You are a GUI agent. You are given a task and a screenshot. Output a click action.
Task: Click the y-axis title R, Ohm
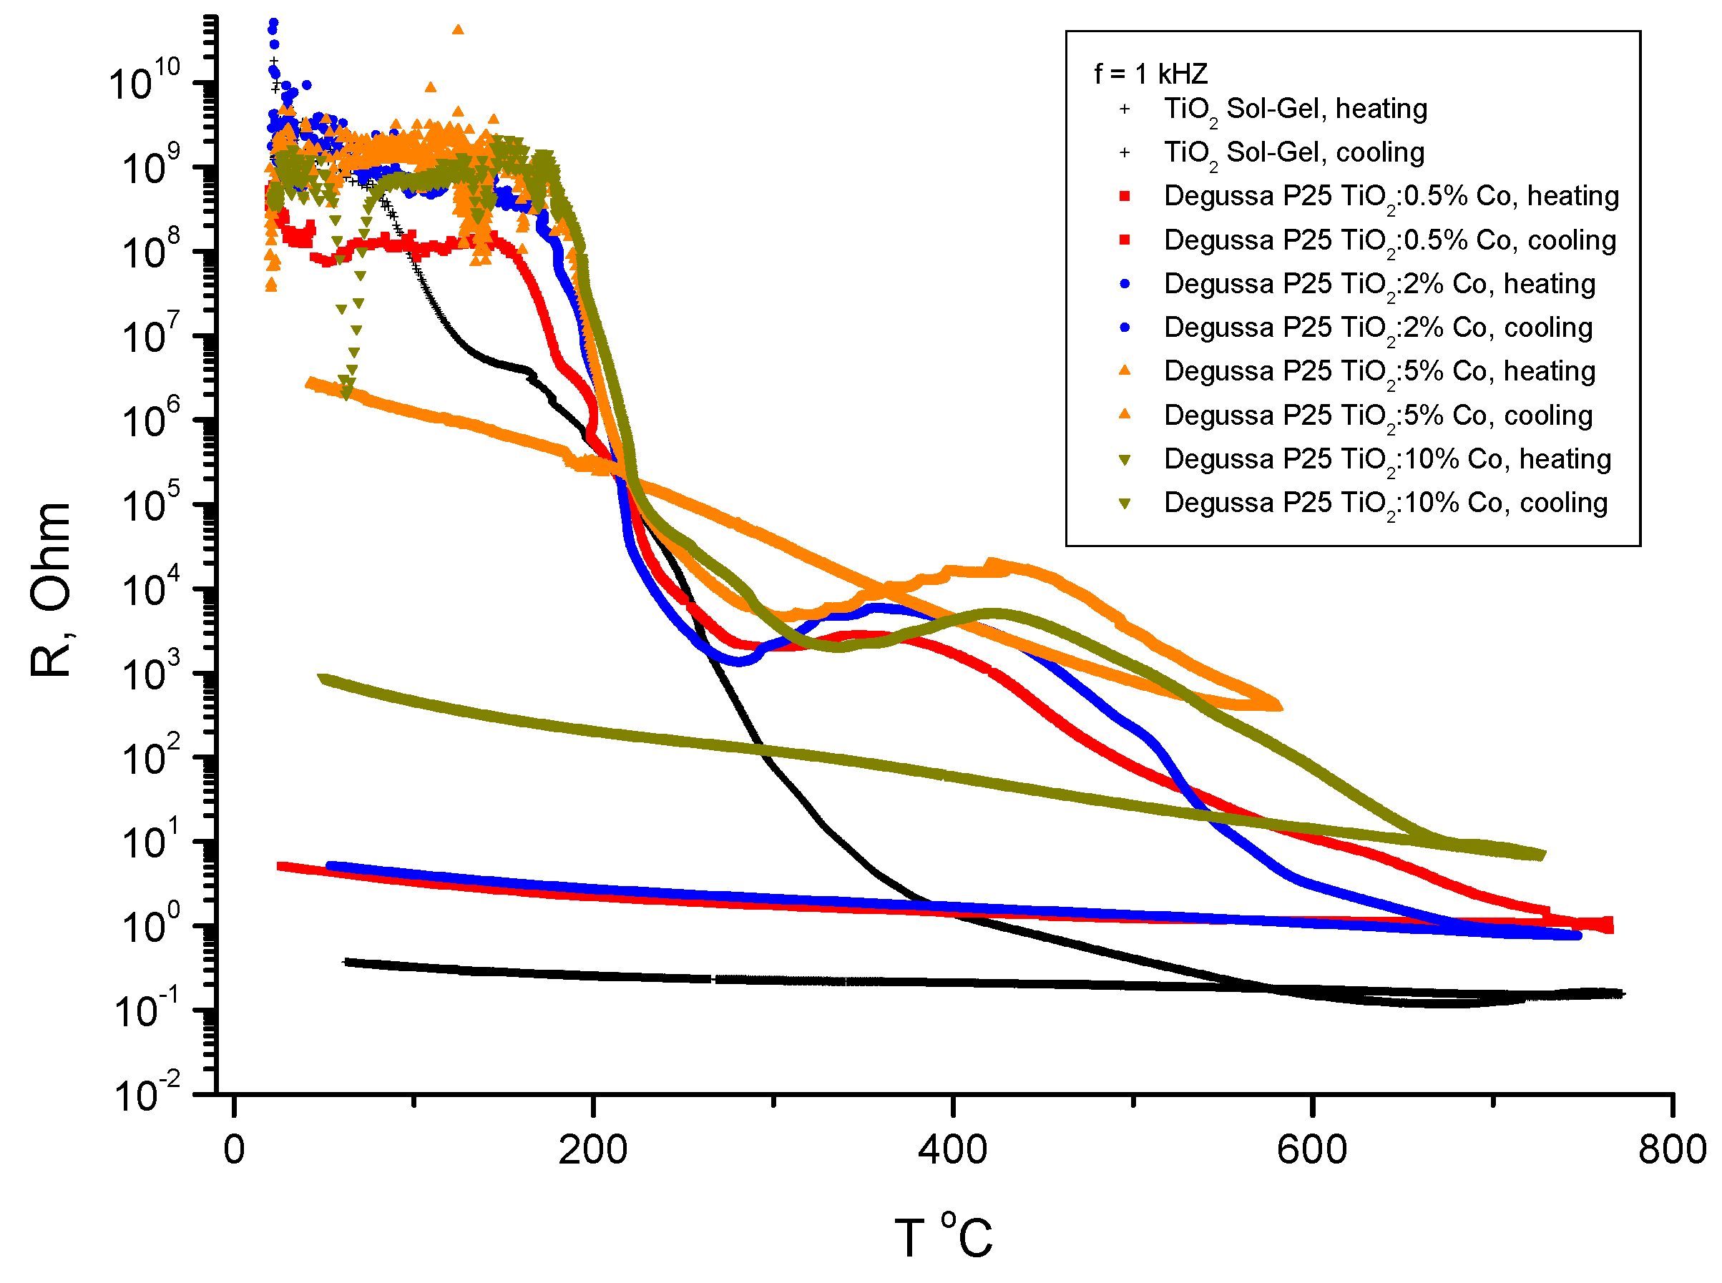click(x=52, y=589)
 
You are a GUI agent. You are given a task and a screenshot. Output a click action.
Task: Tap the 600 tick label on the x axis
click(x=1311, y=1149)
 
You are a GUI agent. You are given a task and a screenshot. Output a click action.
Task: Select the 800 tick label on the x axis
click(x=1670, y=1149)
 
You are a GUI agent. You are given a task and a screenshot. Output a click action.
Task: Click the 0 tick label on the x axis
click(x=234, y=1149)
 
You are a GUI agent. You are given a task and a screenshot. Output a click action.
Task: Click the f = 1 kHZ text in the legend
click(x=1150, y=74)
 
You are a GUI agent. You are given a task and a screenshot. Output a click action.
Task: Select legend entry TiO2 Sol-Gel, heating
click(x=1295, y=109)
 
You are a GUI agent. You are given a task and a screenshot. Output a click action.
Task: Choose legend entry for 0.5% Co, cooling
click(x=1389, y=240)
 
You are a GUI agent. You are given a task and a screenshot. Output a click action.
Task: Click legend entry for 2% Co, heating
click(x=1379, y=283)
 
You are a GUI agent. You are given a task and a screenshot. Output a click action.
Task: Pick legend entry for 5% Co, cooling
click(x=1377, y=416)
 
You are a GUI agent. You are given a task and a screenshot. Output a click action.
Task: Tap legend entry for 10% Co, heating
click(x=1386, y=459)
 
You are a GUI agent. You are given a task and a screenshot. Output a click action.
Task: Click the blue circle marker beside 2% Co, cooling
click(x=1124, y=328)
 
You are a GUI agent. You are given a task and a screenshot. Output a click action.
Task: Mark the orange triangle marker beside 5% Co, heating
click(x=1124, y=371)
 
